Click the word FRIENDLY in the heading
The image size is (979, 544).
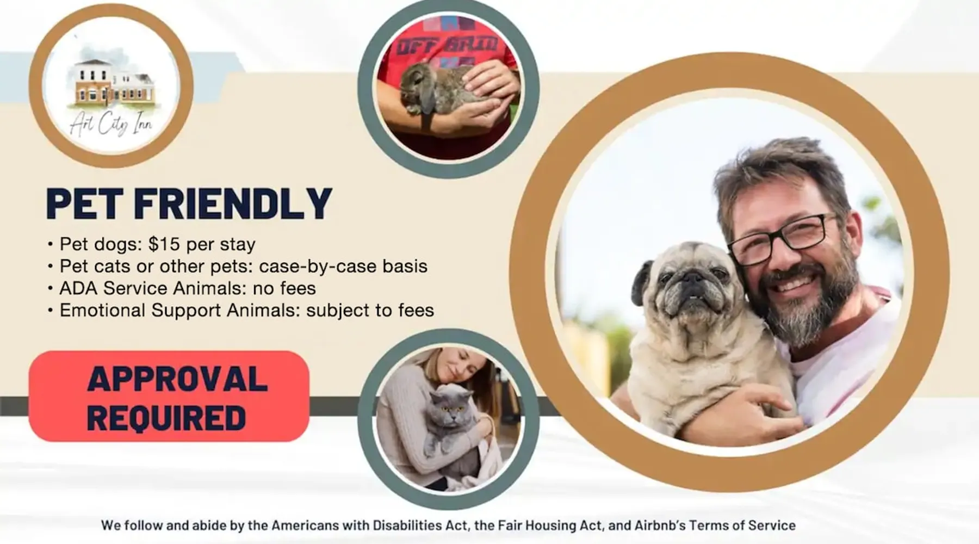[233, 203]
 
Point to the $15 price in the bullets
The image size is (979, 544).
[164, 244]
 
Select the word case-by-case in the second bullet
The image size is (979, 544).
[317, 267]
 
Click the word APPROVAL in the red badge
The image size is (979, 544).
[177, 379]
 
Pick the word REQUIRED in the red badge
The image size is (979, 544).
[166, 418]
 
